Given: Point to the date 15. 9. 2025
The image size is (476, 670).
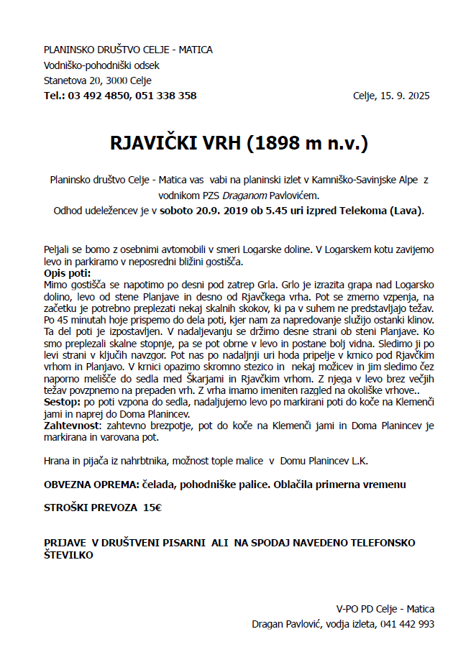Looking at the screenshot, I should (x=404, y=96).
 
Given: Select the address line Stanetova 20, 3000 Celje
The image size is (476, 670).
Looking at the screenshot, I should (x=98, y=81).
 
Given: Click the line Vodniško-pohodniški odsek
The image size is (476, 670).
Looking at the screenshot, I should (x=101, y=65).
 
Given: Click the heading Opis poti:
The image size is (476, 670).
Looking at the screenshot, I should (x=68, y=273).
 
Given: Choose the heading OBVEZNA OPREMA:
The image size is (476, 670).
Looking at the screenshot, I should (x=93, y=485).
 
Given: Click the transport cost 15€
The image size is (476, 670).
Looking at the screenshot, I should (x=152, y=507).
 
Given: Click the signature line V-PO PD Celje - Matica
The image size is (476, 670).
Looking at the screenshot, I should (x=385, y=609).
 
